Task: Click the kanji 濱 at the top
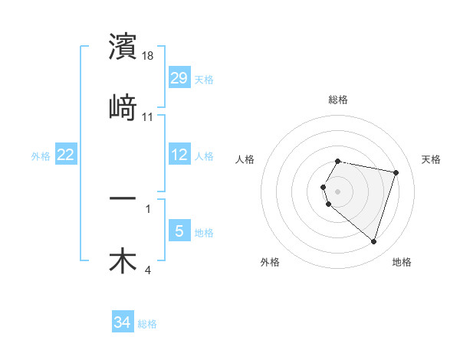[123, 47]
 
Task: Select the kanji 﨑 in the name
[123, 107]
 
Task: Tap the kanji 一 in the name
[123, 198]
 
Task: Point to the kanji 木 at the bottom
[123, 260]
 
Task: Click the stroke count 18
[149, 56]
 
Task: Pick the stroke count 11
[148, 116]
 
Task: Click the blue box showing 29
[179, 78]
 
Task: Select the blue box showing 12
[179, 155]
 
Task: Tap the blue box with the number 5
[179, 231]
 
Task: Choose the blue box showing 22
[66, 155]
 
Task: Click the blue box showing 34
[123, 322]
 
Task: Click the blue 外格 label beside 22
[41, 156]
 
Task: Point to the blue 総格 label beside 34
[147, 324]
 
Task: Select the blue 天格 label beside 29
[204, 80]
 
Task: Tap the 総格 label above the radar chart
[338, 100]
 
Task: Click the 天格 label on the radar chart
[431, 159]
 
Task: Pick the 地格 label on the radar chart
[402, 262]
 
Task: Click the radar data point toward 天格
[396, 172]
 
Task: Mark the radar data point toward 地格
[373, 241]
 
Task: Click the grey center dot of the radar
[338, 191]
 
